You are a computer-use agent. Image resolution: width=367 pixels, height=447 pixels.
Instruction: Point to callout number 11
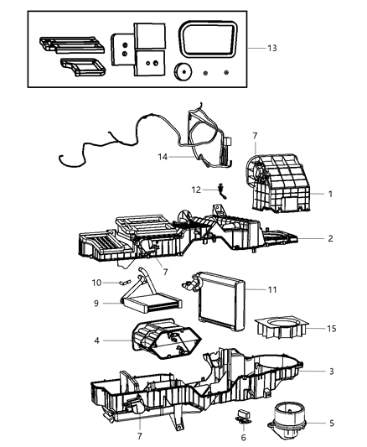(271, 290)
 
